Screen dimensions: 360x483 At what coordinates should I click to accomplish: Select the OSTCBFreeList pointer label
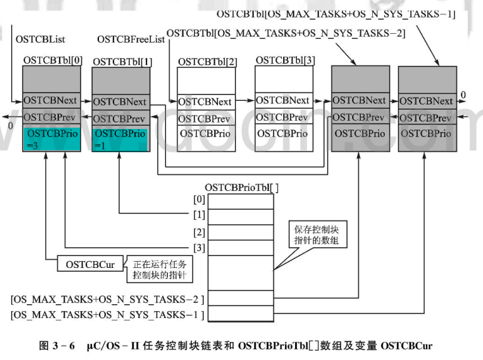[x=131, y=39]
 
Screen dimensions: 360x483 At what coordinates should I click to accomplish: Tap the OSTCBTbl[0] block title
[x=52, y=60]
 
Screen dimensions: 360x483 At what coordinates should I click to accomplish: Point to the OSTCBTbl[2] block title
[x=207, y=61]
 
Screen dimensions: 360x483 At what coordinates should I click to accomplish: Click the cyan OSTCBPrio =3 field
[x=52, y=138]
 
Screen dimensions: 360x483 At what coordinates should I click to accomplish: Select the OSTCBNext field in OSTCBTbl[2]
[x=205, y=101]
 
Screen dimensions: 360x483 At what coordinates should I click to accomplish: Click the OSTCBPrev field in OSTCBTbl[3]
[x=283, y=117]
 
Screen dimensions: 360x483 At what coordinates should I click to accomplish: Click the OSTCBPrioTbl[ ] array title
[x=241, y=187]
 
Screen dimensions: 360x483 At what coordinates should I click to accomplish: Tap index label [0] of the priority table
[x=199, y=200]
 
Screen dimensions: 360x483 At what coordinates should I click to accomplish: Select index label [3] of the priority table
[x=199, y=247]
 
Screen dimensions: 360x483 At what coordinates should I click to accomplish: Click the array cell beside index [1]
[x=241, y=216]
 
